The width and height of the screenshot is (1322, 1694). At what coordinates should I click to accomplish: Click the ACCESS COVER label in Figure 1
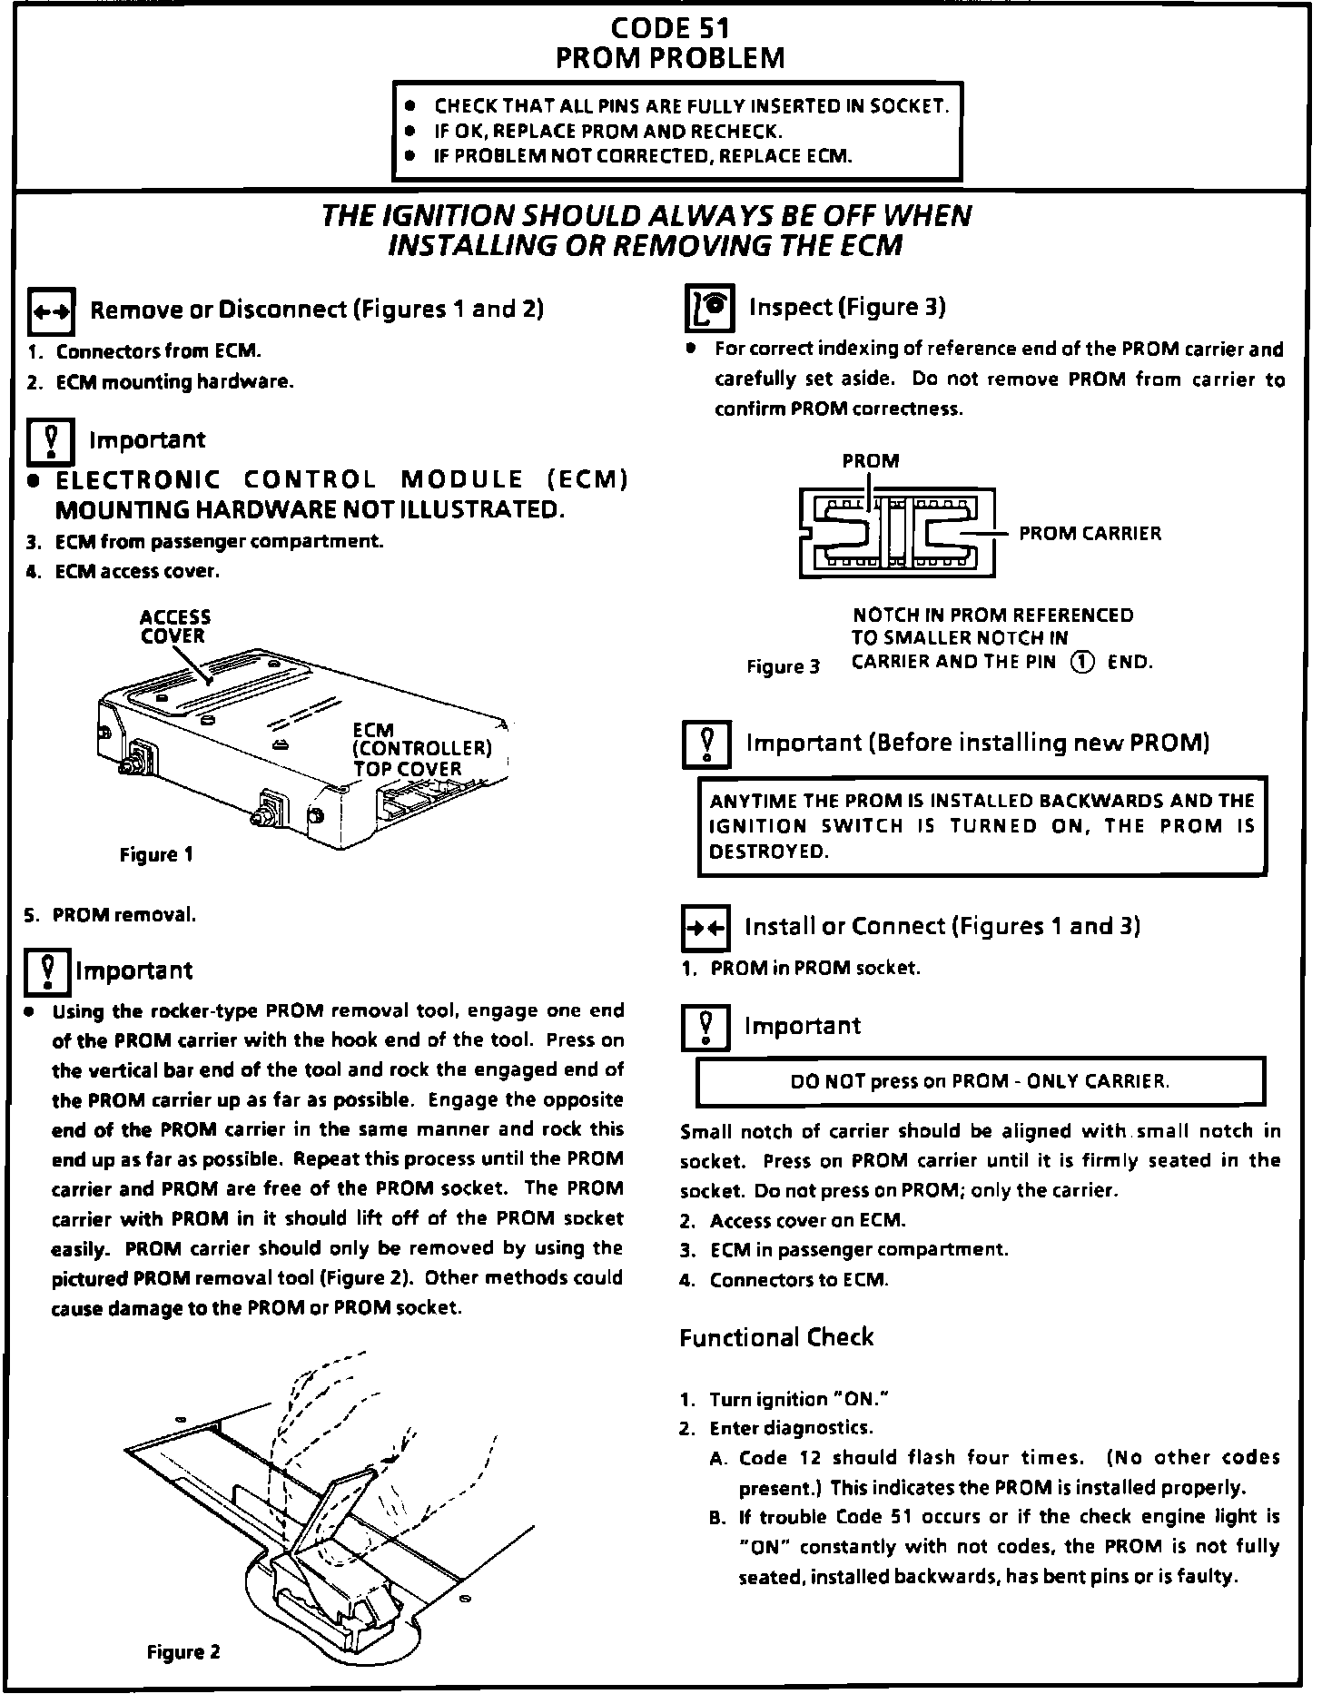coord(174,627)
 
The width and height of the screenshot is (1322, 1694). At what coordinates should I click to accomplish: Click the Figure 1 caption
coord(156,854)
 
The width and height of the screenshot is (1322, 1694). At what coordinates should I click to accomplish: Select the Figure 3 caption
coord(783,667)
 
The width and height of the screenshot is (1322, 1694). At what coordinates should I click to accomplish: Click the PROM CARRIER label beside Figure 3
coord(1090,534)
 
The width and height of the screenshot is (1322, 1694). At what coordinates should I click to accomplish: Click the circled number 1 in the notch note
coord(1082,662)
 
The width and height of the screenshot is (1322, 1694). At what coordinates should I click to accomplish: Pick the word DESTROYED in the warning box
coord(768,852)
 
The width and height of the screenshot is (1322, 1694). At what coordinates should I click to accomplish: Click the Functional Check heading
coord(776,1337)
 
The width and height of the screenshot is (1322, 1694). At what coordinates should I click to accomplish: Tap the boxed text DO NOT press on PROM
coord(980,1081)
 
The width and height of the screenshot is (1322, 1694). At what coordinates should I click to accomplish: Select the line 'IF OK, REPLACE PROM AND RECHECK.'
coord(607,131)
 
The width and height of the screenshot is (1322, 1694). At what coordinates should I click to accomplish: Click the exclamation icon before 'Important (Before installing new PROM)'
coord(705,744)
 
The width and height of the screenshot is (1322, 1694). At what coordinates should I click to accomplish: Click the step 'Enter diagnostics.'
coord(791,1428)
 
